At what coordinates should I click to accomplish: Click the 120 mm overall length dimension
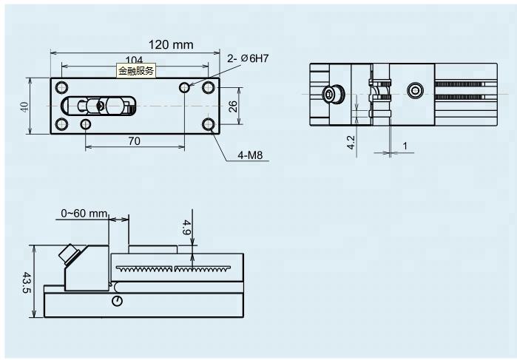pyautogui.click(x=171, y=44)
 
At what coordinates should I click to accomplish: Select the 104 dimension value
pyautogui.click(x=134, y=60)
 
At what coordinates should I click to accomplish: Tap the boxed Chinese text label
pyautogui.click(x=137, y=71)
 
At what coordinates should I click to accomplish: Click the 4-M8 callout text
pyautogui.click(x=251, y=156)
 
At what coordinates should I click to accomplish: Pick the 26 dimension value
pyautogui.click(x=232, y=106)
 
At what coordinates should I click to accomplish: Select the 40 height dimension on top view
pyautogui.click(x=25, y=106)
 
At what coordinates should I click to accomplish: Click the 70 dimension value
pyautogui.click(x=134, y=139)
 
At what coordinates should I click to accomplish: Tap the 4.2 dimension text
pyautogui.click(x=351, y=141)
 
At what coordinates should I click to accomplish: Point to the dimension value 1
pyautogui.click(x=405, y=146)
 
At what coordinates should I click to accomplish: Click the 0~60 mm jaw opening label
pyautogui.click(x=84, y=214)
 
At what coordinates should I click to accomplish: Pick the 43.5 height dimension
pyautogui.click(x=26, y=282)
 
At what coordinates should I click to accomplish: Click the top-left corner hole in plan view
pyautogui.click(x=62, y=87)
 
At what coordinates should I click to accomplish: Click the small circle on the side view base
pyautogui.click(x=118, y=301)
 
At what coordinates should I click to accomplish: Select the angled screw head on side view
pyautogui.click(x=68, y=255)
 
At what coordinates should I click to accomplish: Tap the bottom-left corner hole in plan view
pyautogui.click(x=62, y=124)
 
